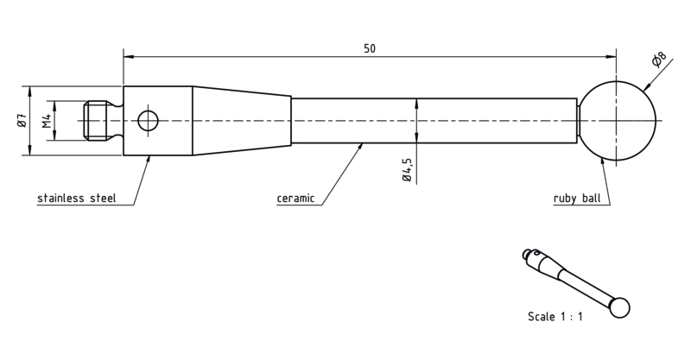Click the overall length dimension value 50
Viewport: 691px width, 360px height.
[x=370, y=48]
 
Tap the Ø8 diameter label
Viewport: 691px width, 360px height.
[x=659, y=60]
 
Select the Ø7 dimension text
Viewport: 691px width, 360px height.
[x=22, y=120]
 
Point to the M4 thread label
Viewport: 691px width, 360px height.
[x=47, y=120]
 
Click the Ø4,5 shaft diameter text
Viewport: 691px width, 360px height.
[x=407, y=170]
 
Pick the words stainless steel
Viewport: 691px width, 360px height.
[x=77, y=199]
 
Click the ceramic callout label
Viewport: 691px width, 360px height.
[x=295, y=199]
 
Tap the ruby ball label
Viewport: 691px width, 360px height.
[x=577, y=199]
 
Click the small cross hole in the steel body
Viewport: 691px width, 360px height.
[x=148, y=121]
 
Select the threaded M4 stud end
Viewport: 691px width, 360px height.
[x=96, y=120]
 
